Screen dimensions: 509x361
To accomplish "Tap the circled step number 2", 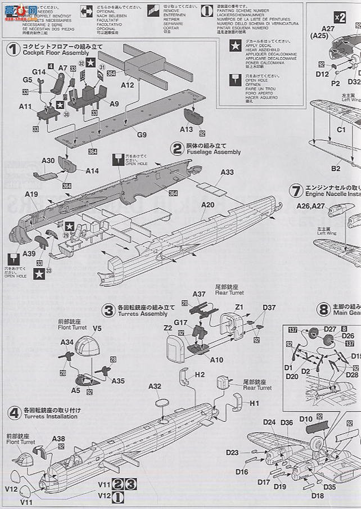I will pos(178,148).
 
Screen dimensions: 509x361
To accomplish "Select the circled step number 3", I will pos(109,310).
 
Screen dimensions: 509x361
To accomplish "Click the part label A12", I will pos(128,85).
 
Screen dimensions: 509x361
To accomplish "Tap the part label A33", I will pos(227,172).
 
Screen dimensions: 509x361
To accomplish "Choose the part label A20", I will pos(207,205).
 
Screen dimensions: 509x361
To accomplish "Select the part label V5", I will pos(97,329).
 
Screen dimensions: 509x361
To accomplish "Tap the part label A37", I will pos(199,294).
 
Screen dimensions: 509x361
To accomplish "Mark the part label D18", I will pos(317,496).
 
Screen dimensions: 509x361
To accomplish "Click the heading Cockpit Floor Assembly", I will pos(56,52).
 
